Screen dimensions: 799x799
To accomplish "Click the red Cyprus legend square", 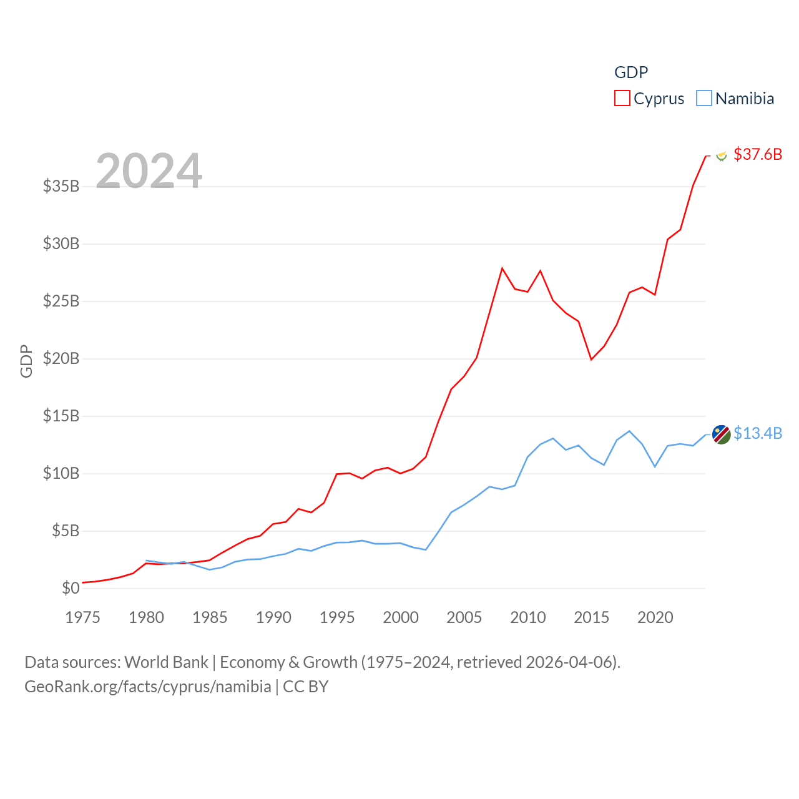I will (622, 99).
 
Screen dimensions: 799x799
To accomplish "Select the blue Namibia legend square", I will (704, 99).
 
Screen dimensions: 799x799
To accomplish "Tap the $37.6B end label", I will (758, 154).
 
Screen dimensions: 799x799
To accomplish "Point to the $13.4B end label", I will (758, 433).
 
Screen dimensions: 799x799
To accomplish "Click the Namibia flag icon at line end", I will (722, 434).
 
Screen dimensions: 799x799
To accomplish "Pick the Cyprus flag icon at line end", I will (722, 155).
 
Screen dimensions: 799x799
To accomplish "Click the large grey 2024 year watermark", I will (149, 170).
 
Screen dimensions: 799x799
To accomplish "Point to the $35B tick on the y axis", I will (61, 186).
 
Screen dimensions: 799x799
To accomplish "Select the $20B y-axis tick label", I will (61, 358).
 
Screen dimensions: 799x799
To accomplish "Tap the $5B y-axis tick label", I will (66, 531).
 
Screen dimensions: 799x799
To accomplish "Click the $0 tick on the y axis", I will (71, 588).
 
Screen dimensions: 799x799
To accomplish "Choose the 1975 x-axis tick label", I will (82, 617).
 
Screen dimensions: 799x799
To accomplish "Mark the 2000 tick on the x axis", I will (401, 617).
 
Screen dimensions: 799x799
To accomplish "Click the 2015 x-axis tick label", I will (591, 617).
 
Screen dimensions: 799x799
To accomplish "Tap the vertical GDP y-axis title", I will (26, 361).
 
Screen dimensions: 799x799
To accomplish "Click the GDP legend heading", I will (631, 72).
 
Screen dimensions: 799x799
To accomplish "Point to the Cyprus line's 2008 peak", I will (502, 268).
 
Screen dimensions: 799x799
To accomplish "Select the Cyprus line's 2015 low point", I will (591, 360).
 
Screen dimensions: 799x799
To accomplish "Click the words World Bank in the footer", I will (166, 662).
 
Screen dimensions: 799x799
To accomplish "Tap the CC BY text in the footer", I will (305, 687).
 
